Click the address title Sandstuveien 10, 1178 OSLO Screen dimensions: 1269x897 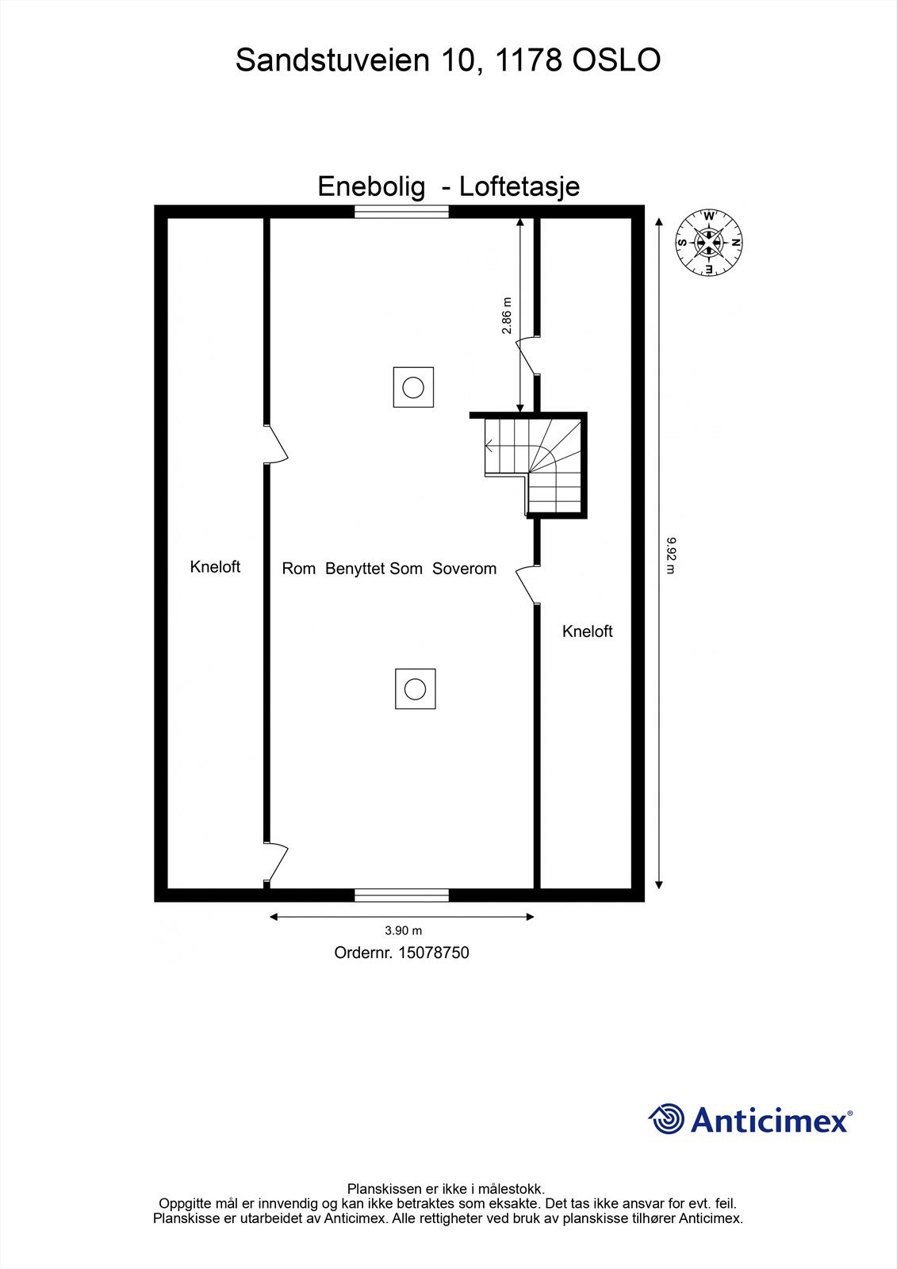click(448, 60)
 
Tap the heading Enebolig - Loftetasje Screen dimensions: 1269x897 click(448, 186)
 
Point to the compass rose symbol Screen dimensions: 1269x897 click(708, 243)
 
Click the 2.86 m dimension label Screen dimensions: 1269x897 click(508, 315)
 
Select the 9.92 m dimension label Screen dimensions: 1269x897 click(671, 554)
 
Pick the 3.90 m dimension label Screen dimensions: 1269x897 click(403, 930)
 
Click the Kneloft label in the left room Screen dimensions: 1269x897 click(215, 567)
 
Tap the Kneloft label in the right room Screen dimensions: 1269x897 click(587, 631)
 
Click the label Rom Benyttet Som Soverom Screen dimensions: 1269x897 click(389, 569)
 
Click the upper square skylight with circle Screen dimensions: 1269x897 click(413, 388)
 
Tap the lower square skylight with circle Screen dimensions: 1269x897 click(415, 688)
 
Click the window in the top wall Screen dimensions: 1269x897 click(401, 211)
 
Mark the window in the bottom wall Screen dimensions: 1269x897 click(401, 895)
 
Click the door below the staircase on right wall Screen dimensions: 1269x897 click(527, 586)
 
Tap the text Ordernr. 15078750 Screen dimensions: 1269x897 click(401, 953)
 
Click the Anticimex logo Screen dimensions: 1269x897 click(749, 1120)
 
